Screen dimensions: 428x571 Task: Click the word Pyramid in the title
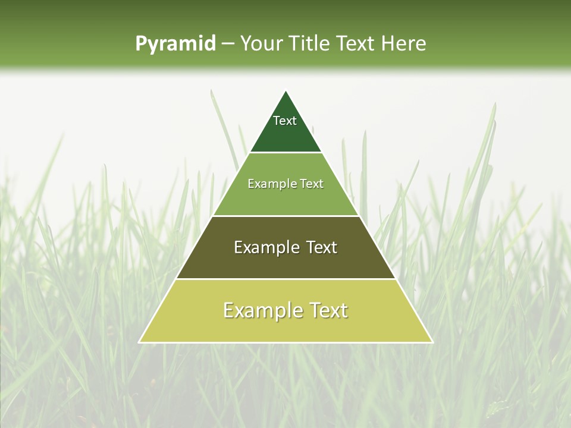[175, 44]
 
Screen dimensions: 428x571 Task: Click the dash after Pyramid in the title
[228, 44]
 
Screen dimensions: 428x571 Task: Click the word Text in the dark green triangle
[285, 121]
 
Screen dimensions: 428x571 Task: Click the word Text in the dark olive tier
[322, 247]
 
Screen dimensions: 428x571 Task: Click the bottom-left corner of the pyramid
[139, 342]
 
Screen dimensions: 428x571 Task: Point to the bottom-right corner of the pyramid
[432, 342]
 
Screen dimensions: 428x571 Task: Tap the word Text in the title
[356, 43]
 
